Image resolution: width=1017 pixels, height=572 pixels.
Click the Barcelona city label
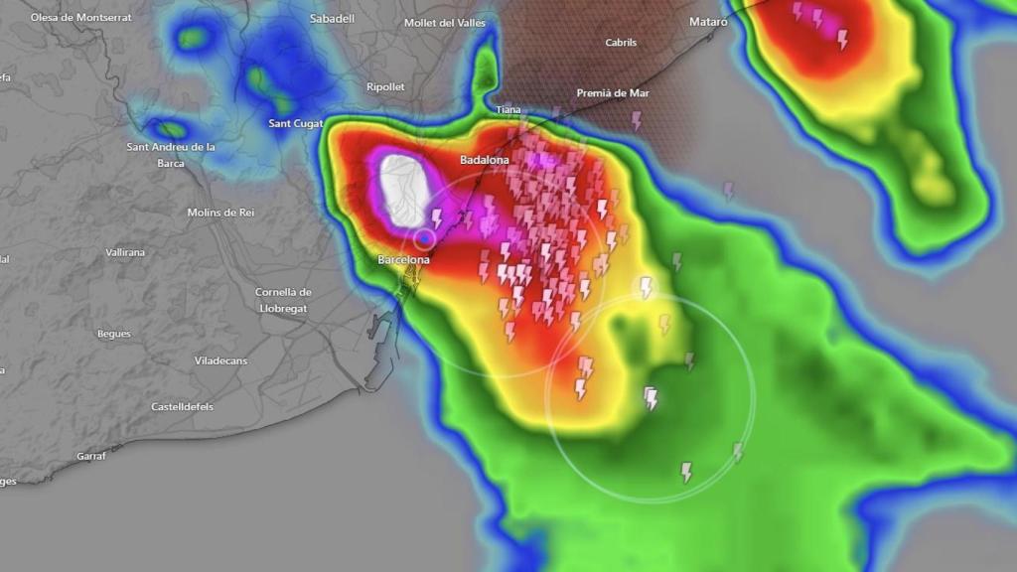(403, 260)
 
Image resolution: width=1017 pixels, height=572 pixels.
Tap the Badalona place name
(484, 160)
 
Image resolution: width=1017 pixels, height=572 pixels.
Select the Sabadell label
(332, 19)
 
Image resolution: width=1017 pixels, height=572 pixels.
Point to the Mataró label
(708, 22)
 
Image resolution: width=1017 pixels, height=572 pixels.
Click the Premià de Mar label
(613, 93)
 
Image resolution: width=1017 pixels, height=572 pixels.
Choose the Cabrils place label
(621, 43)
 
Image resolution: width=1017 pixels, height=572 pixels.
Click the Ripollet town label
(385, 87)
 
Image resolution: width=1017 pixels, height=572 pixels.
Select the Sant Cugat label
(295, 123)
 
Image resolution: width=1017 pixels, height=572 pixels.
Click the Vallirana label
(125, 252)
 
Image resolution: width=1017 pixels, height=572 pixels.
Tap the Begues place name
(113, 334)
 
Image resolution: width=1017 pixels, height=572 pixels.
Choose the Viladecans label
(220, 360)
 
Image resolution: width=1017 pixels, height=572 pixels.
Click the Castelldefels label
(182, 406)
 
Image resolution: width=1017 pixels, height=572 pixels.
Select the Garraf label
(90, 457)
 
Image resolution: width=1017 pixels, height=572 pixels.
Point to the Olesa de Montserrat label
(79, 18)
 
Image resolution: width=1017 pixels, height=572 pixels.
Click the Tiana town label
(508, 109)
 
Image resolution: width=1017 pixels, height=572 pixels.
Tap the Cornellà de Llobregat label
(283, 300)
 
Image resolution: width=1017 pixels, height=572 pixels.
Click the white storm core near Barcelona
(405, 189)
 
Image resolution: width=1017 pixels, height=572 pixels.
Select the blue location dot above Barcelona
(425, 238)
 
